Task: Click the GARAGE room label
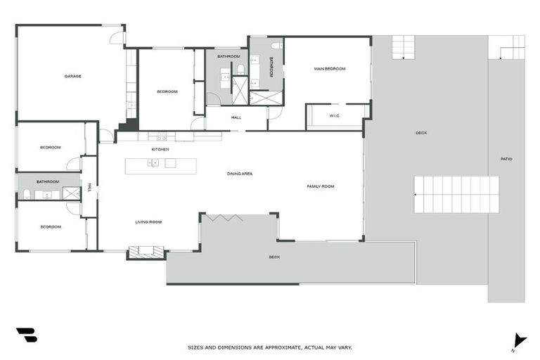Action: (72, 76)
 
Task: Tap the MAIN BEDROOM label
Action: (329, 69)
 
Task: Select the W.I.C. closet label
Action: (334, 116)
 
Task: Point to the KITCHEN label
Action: (160, 149)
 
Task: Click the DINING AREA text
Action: (239, 173)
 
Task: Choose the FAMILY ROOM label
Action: (320, 186)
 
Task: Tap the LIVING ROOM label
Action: (148, 221)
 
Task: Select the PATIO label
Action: (506, 159)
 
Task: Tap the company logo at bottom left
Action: (26, 335)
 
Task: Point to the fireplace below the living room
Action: (146, 250)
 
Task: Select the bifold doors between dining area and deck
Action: (224, 217)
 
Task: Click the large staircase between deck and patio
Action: (456, 195)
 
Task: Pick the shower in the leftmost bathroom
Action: (71, 193)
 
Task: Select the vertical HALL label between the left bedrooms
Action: (89, 187)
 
